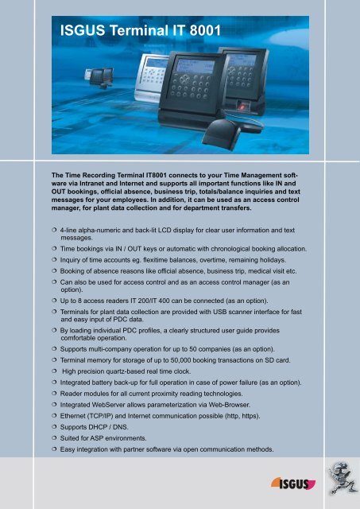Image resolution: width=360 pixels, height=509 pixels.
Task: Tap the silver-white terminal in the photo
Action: click(142, 79)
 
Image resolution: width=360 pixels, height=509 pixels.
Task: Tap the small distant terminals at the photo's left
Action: click(99, 74)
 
